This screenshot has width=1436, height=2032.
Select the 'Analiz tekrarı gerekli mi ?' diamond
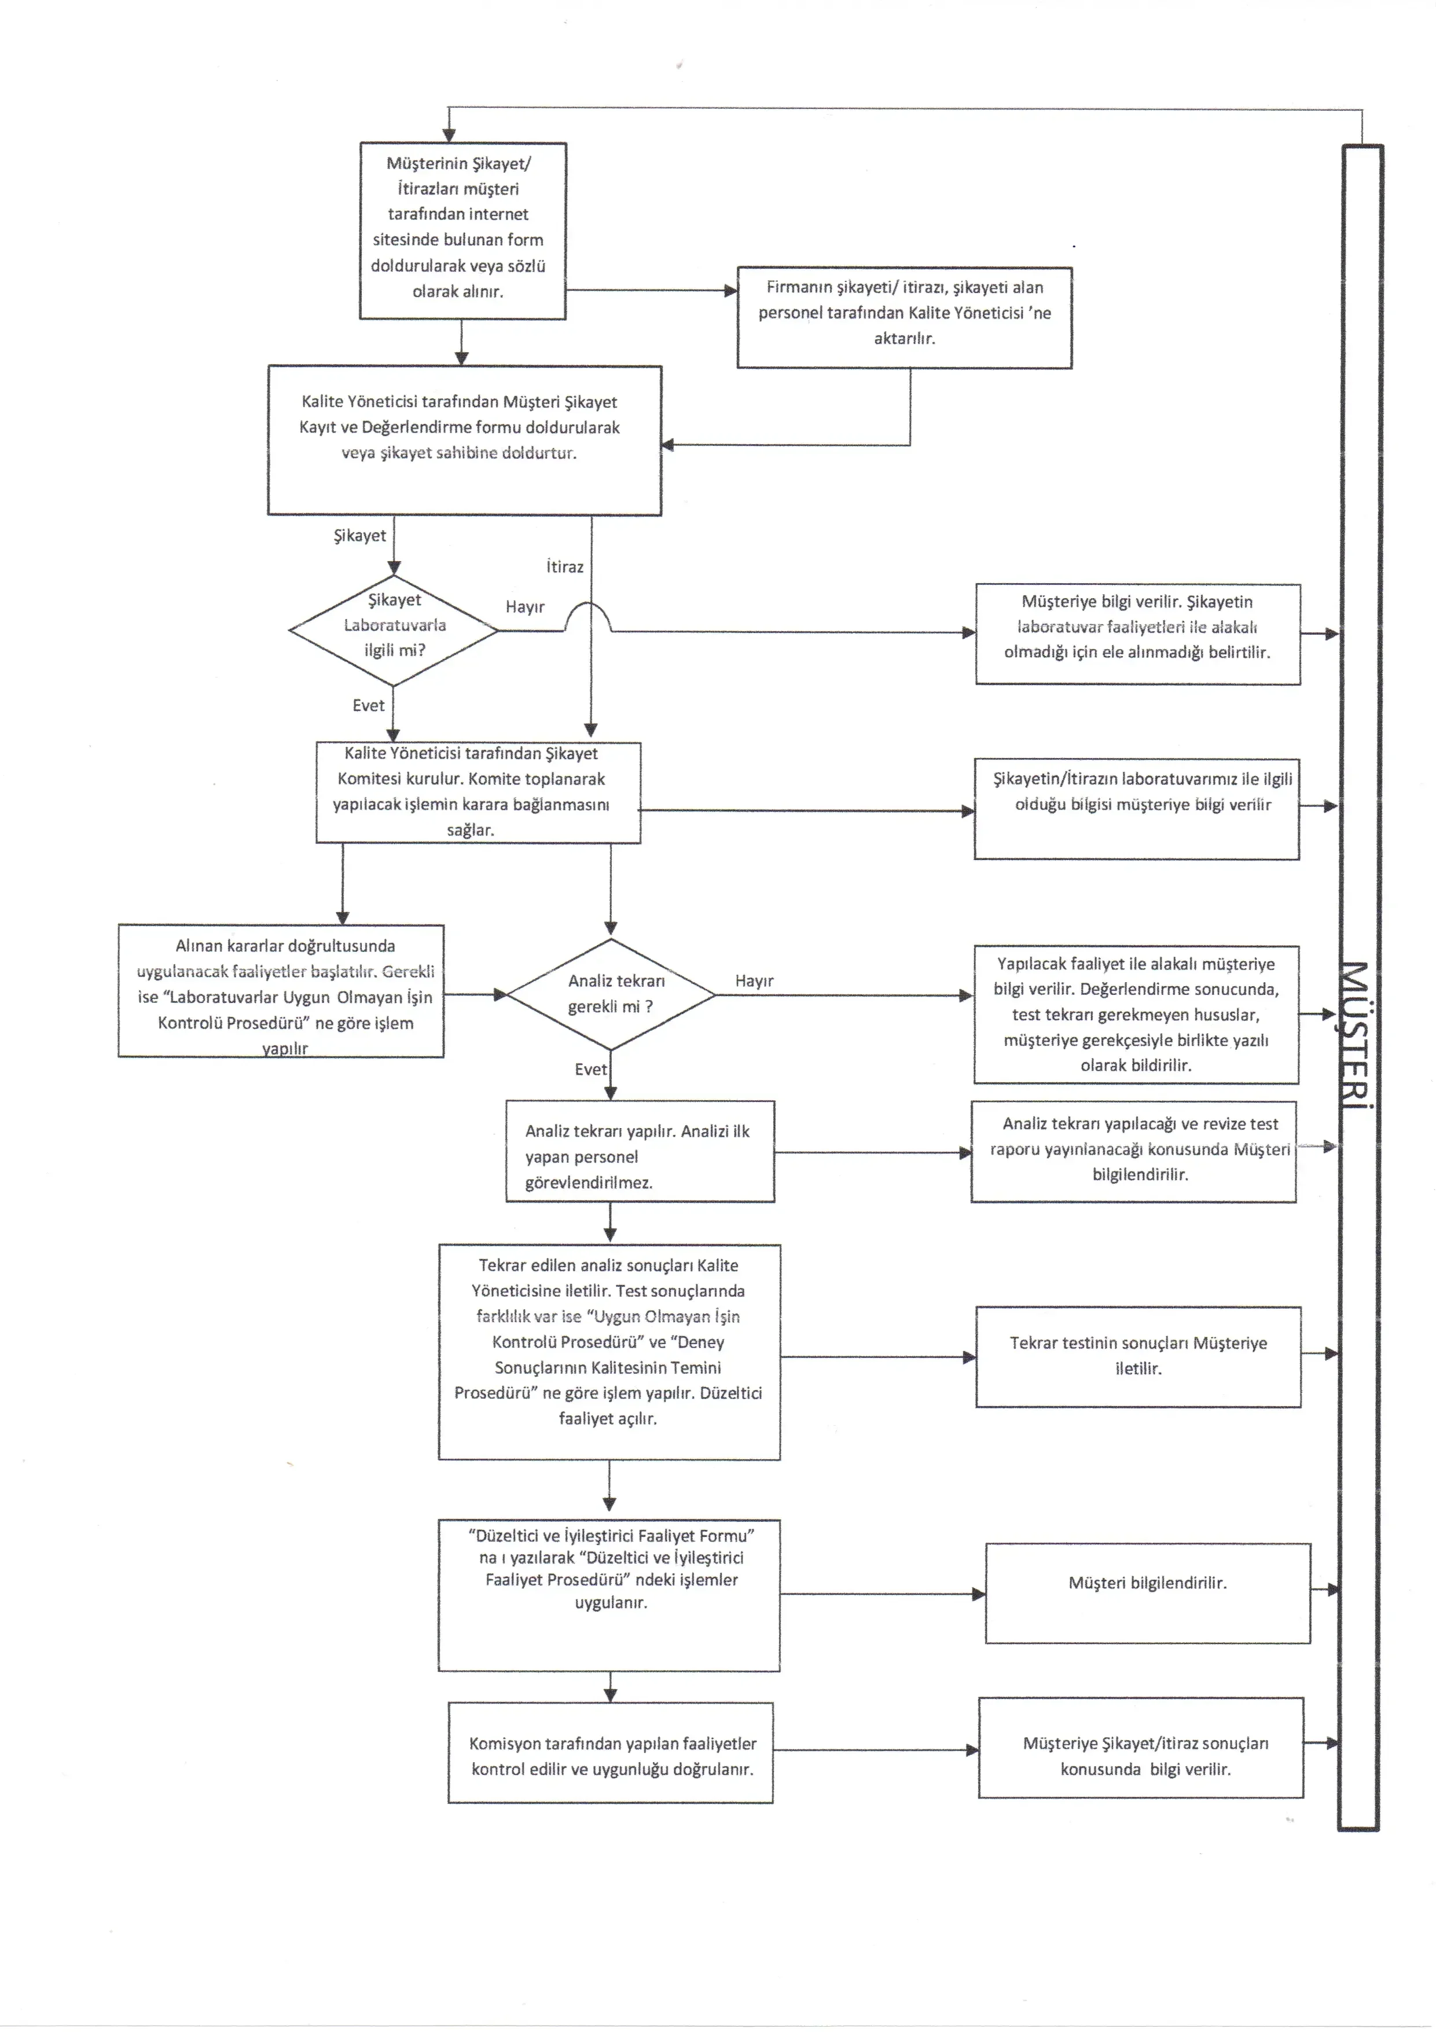coord(611,995)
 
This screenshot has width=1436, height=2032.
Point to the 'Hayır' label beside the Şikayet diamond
coord(524,607)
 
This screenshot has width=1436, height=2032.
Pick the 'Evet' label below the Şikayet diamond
coord(368,705)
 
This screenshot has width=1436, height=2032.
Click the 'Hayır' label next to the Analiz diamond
coord(754,980)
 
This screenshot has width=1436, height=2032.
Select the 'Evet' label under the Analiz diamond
coord(590,1069)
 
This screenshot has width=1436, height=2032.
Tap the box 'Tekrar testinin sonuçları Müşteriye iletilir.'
coord(1138,1357)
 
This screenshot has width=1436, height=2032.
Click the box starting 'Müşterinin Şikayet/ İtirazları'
coord(462,231)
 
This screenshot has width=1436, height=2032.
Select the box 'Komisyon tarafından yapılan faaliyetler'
coord(611,1753)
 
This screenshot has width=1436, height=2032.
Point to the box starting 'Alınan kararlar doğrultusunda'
coord(281,991)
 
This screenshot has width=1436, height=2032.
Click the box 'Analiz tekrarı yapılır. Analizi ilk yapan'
coord(640,1151)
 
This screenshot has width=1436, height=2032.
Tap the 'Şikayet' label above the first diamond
coord(359,536)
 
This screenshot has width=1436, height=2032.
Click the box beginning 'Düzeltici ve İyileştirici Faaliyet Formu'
coord(609,1596)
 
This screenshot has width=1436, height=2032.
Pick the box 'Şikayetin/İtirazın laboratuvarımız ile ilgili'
coord(1137,809)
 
